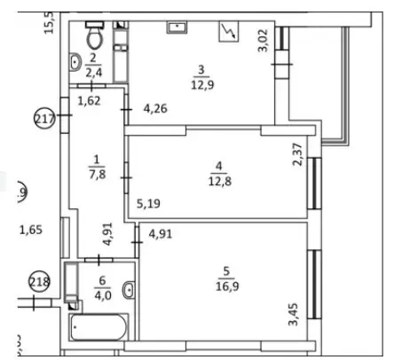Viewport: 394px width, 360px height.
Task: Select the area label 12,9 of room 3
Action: click(x=201, y=84)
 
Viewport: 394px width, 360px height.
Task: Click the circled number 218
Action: click(x=39, y=284)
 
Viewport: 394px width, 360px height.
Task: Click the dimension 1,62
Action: click(x=89, y=102)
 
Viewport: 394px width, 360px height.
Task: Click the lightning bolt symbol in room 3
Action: click(x=228, y=34)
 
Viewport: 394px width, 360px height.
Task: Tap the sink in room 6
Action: click(x=130, y=289)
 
